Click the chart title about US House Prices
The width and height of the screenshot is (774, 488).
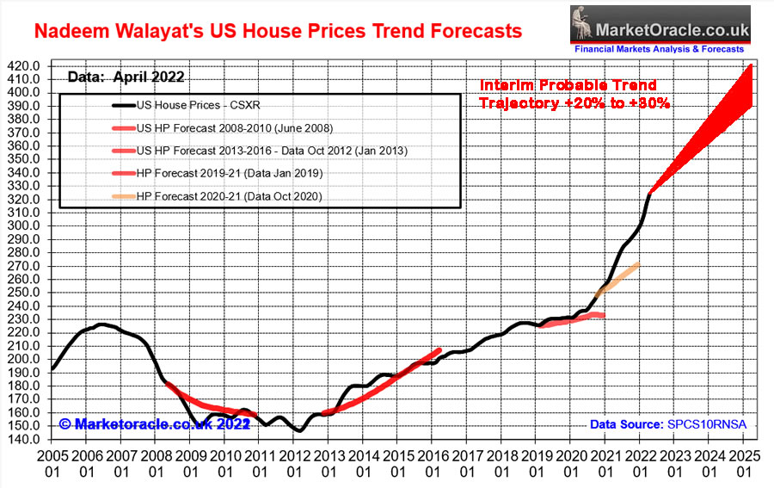click(x=277, y=32)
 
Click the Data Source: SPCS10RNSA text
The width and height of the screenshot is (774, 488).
click(x=667, y=425)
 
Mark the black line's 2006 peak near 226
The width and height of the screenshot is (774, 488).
click(x=101, y=324)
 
